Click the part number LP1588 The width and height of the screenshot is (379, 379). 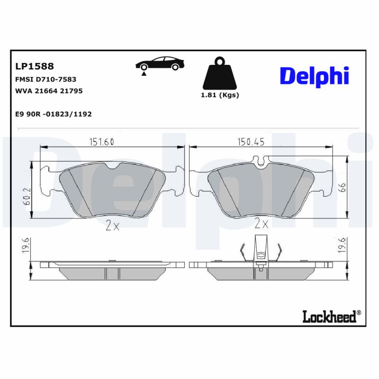35,66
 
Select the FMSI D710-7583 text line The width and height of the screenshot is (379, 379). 46,80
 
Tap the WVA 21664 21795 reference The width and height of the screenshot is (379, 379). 49,90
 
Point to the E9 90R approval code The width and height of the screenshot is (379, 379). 54,114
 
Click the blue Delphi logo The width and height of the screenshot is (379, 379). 314,76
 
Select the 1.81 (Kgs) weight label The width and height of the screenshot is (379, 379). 220,95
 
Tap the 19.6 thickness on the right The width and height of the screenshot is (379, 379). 343,246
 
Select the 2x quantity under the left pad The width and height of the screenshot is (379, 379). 112,226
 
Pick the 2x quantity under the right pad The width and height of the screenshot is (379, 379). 261,224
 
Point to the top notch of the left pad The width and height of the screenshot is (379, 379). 113,166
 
